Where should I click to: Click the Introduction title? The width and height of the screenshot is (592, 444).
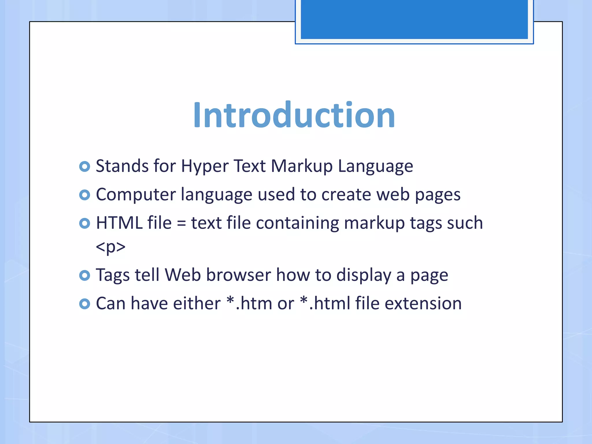coord(294,115)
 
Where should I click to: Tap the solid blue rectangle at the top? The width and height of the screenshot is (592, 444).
coord(414,19)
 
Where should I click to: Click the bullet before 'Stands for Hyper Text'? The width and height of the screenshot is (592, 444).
coord(84,166)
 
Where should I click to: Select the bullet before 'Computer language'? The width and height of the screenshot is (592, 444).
coord(84,195)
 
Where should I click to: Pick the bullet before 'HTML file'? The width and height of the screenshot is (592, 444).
coord(84,223)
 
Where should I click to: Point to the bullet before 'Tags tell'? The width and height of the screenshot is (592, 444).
coord(84,275)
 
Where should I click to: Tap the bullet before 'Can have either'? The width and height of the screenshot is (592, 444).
coord(84,304)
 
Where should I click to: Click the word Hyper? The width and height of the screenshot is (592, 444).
coord(205,167)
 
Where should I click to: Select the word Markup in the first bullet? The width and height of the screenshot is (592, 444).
coord(301,167)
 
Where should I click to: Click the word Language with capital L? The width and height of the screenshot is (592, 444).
coord(375,167)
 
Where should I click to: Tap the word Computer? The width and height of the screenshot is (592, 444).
coord(136,195)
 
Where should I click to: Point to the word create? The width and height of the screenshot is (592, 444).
coord(346,195)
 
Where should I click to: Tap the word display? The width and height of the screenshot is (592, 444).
coord(364,275)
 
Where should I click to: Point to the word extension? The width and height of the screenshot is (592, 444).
coord(423,304)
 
